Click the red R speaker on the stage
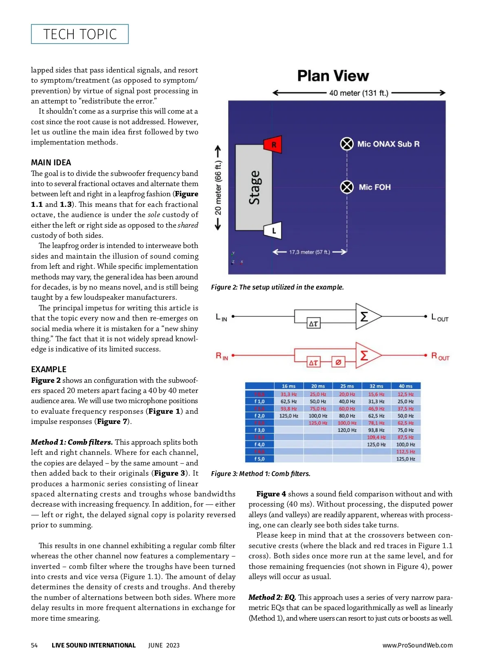click(273, 144)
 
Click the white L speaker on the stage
click(273, 230)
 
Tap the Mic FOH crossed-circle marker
click(347, 187)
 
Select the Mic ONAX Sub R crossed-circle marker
click(347, 144)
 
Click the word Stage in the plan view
click(254, 187)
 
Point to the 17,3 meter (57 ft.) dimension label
click(309, 252)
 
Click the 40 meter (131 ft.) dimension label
click(359, 93)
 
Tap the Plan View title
click(333, 76)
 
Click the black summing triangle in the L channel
click(367, 316)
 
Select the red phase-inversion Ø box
click(338, 362)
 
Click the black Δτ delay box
click(313, 324)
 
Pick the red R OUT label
click(440, 357)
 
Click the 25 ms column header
click(347, 386)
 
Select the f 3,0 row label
click(259, 430)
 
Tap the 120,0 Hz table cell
click(347, 430)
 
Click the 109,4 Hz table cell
click(376, 437)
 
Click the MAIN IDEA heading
click(51, 162)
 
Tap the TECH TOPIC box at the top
click(80, 34)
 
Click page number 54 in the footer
click(34, 645)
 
